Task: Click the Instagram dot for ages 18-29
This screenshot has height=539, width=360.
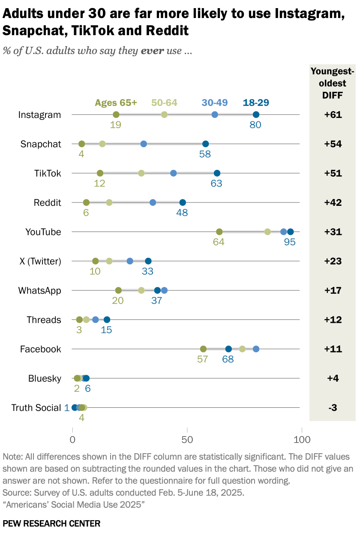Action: pyautogui.click(x=256, y=114)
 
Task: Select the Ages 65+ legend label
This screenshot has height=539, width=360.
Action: pyautogui.click(x=116, y=102)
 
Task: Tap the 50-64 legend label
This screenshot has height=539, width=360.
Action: pyautogui.click(x=164, y=102)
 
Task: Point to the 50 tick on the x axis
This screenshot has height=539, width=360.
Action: pyautogui.click(x=187, y=440)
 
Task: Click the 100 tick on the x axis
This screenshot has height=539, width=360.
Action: pyautogui.click(x=302, y=440)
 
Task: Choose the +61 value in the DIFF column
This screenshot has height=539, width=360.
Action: pyautogui.click(x=333, y=115)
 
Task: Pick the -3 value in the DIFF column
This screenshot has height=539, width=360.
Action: pyautogui.click(x=333, y=408)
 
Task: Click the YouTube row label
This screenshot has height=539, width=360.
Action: pyautogui.click(x=43, y=232)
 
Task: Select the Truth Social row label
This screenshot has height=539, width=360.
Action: pyautogui.click(x=36, y=408)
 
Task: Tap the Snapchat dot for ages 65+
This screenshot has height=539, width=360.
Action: pyautogui.click(x=81, y=144)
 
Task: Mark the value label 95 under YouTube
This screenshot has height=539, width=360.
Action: pyautogui.click(x=290, y=242)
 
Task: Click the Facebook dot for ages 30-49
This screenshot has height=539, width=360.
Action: pyautogui.click(x=256, y=349)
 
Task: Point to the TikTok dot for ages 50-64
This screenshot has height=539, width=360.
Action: pyautogui.click(x=141, y=173)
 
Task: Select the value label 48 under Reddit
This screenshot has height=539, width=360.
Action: pyautogui.click(x=182, y=213)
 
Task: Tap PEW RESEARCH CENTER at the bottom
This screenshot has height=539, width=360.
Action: pyautogui.click(x=51, y=523)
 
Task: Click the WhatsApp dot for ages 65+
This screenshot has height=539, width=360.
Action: pyautogui.click(x=118, y=290)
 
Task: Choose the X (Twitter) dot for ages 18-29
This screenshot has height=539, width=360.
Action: pyautogui.click(x=148, y=261)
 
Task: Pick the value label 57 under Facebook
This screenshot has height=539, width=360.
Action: pyautogui.click(x=202, y=359)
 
